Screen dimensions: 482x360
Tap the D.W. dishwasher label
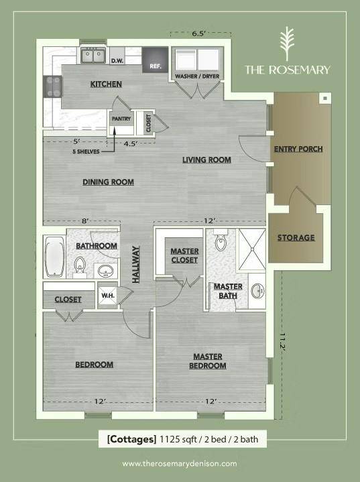117,61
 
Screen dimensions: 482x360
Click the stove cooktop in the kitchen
52,86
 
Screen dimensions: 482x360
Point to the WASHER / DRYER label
197,76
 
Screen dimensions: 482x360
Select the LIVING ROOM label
207,160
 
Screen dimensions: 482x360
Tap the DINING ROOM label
108,182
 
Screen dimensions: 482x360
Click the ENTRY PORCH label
299,149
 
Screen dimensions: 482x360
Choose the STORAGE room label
296,237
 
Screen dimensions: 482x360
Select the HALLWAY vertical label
136,264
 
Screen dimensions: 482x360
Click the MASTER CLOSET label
184,255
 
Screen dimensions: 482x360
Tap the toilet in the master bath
221,243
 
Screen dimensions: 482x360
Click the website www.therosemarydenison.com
180,463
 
